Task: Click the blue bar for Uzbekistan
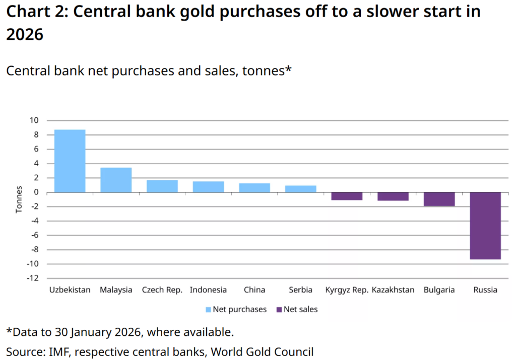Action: pyautogui.click(x=70, y=161)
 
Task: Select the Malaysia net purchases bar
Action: pyautogui.click(x=116, y=180)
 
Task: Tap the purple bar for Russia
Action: pyautogui.click(x=485, y=226)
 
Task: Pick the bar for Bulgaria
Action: pyautogui.click(x=439, y=199)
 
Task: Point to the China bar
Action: pyautogui.click(x=254, y=187)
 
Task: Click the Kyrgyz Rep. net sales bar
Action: pyautogui.click(x=347, y=196)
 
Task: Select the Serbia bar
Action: pyautogui.click(x=301, y=189)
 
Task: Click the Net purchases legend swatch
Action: pyautogui.click(x=208, y=309)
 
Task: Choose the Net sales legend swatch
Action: pyautogui.click(x=279, y=309)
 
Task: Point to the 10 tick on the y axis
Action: pyautogui.click(x=34, y=120)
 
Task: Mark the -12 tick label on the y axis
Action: pyautogui.click(x=32, y=278)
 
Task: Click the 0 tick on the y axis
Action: pyautogui.click(x=36, y=192)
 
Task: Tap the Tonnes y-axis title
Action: pyautogui.click(x=19, y=199)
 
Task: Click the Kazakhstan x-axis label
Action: pyautogui.click(x=393, y=290)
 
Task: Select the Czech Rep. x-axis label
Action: pyautogui.click(x=162, y=290)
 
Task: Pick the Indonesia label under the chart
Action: pyautogui.click(x=208, y=290)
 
